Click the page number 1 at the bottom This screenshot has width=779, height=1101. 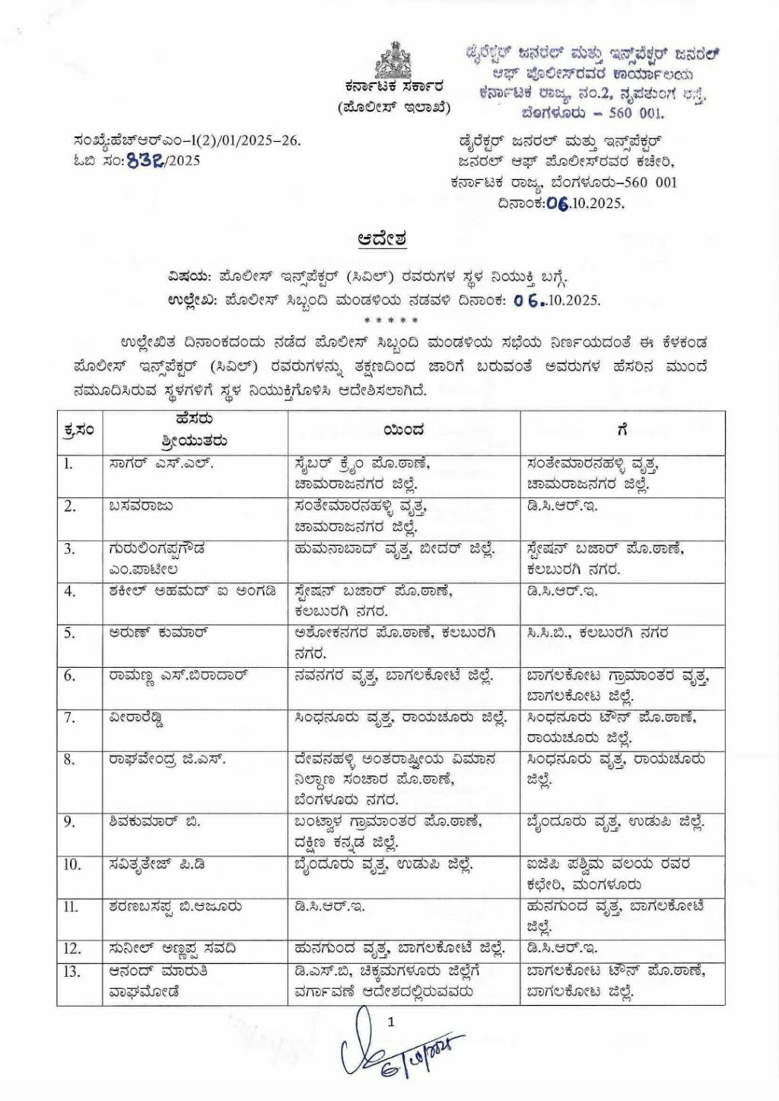[x=391, y=1025]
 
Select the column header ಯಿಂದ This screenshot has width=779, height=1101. [x=403, y=431]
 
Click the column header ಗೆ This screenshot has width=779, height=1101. [x=622, y=430]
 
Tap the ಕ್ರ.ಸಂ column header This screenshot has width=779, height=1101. [x=79, y=431]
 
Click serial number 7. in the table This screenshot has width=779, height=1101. [x=69, y=717]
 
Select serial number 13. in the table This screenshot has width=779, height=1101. [x=72, y=971]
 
